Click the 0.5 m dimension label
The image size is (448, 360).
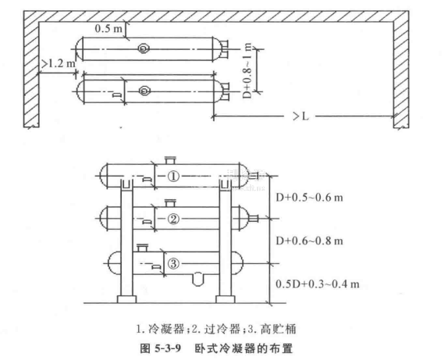tap(108, 28)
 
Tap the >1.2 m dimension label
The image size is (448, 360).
tap(58, 63)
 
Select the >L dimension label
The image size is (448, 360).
tap(300, 116)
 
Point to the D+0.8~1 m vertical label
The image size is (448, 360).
tap(247, 70)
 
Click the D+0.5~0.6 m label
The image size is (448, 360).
tap(309, 198)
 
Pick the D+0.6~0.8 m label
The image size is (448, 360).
tap(309, 241)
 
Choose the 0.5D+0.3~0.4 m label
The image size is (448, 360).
tap(318, 284)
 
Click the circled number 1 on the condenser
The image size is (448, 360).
tap(173, 176)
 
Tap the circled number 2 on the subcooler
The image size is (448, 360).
tap(173, 219)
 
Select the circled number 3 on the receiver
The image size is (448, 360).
tap(173, 263)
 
